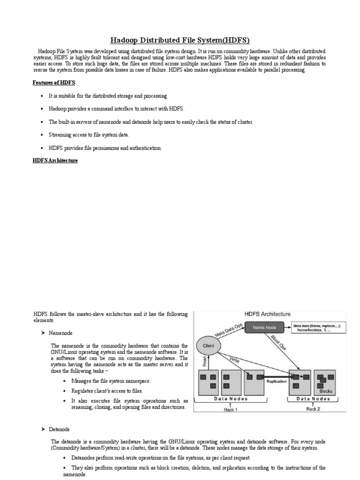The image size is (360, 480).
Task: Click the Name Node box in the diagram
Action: [264, 327]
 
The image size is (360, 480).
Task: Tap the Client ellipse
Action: [209, 345]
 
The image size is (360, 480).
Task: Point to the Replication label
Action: [276, 381]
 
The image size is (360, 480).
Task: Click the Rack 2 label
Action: [313, 409]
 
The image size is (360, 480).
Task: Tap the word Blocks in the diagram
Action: [326, 391]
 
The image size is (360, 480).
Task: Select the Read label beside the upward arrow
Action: [204, 361]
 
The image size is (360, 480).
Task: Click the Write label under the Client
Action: [234, 360]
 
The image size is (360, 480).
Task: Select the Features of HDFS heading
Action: [54, 82]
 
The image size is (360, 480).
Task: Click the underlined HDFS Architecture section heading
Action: [55, 160]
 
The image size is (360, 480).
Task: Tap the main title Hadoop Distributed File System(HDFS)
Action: [180, 40]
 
